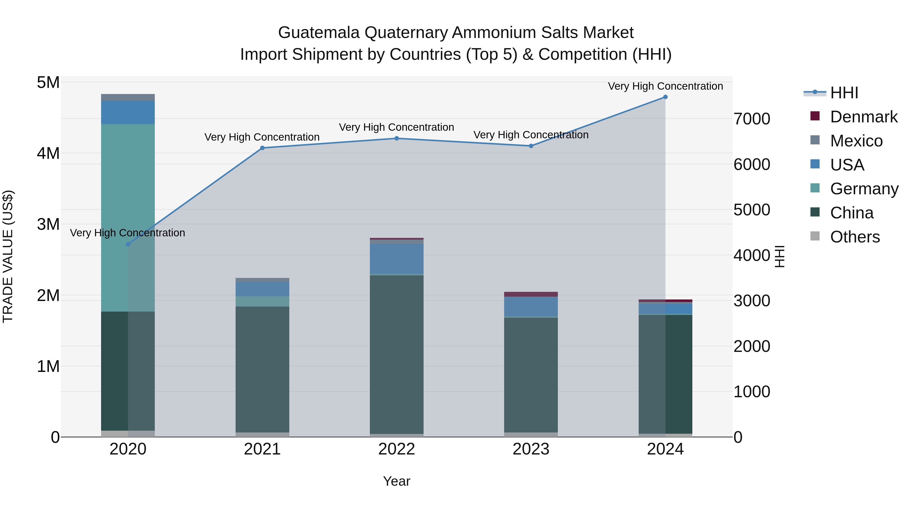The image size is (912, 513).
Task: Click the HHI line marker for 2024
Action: point(665,97)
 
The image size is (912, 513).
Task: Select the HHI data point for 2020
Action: point(128,244)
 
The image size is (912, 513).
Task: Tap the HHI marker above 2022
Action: point(396,138)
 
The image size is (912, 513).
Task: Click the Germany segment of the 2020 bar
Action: point(128,218)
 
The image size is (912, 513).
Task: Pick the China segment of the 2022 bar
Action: point(396,354)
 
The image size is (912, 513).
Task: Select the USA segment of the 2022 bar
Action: point(396,259)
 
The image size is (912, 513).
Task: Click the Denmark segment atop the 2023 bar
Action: point(531,294)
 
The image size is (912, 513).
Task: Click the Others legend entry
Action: point(855,237)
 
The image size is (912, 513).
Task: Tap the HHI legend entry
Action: point(844,93)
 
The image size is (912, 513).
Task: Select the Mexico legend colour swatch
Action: point(815,140)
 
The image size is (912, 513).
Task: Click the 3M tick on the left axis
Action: point(48,224)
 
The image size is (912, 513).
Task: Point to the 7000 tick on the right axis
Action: point(752,119)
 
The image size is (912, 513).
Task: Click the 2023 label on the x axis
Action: point(531,449)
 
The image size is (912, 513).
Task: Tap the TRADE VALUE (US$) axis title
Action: point(8,256)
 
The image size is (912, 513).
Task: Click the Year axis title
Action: point(396,481)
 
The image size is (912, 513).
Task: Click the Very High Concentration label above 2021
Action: point(262,137)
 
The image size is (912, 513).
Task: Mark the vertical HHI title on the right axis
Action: point(780,256)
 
